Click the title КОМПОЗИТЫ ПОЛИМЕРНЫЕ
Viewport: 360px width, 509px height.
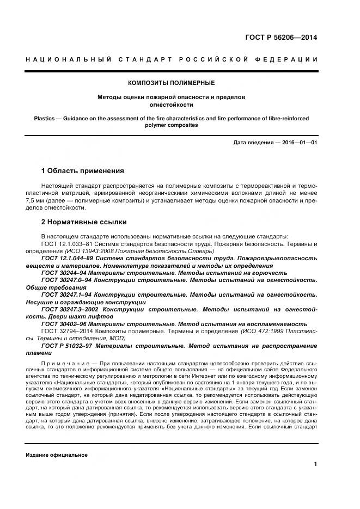pyautogui.click(x=171, y=83)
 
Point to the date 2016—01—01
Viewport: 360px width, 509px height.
pyautogui.click(x=298, y=143)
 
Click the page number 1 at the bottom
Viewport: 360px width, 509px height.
pyautogui.click(x=315, y=464)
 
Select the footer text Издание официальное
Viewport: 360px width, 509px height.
pyautogui.click(x=57, y=455)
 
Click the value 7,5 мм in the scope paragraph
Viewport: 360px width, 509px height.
pyautogui.click(x=35, y=200)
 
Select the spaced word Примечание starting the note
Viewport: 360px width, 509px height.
pyautogui.click(x=63, y=363)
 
